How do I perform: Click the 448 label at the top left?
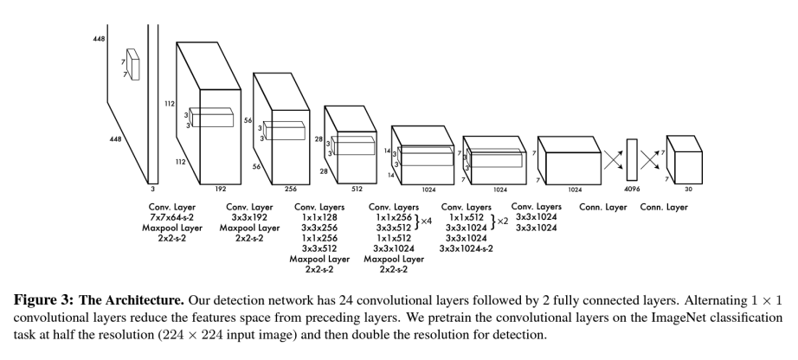coord(99,40)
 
